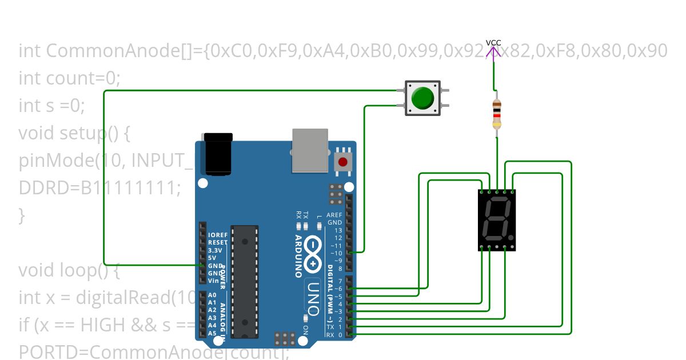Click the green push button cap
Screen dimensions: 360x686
[422, 98]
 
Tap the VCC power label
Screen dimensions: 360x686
[493, 43]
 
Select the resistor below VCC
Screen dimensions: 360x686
[496, 114]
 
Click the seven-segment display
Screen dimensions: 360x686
[496, 220]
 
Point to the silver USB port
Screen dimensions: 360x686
[310, 150]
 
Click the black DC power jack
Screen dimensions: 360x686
[218, 154]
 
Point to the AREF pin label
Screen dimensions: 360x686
[334, 215]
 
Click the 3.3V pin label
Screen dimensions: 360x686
[215, 250]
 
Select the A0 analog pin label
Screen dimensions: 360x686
[212, 295]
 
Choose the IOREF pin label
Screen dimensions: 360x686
[218, 235]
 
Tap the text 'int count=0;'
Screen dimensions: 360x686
[69, 78]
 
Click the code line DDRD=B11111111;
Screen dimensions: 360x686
[99, 187]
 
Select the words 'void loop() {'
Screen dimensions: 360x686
[69, 270]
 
